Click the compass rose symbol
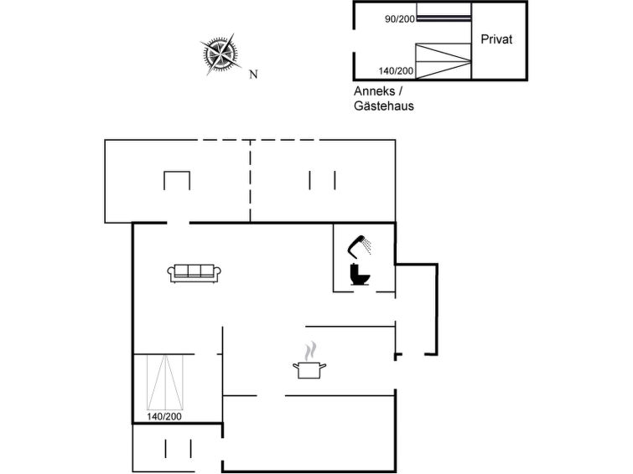tap(221, 54)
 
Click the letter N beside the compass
tap(253, 75)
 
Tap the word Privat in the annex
tap(496, 39)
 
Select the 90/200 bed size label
tap(400, 19)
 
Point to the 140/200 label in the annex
tap(396, 71)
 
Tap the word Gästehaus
tap(384, 106)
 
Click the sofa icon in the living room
tap(195, 273)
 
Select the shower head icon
tap(359, 246)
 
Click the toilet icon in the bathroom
tap(360, 275)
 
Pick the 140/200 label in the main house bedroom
tap(164, 416)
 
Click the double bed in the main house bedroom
tap(164, 383)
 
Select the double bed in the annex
tap(444, 61)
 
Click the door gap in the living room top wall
tap(178, 223)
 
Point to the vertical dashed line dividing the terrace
tap(251, 181)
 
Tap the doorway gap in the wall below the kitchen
tap(271, 396)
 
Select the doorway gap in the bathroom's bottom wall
tap(365, 291)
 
